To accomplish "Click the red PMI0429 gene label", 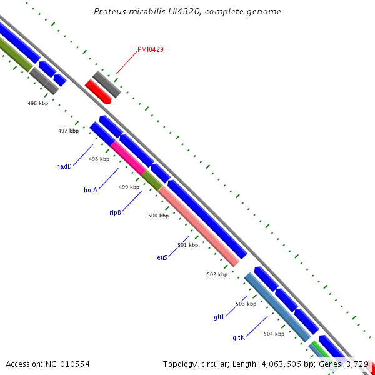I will tap(151, 49).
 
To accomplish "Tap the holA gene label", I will tap(91, 190).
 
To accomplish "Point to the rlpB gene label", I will tap(115, 212).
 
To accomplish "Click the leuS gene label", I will tap(161, 257).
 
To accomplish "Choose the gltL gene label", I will tap(219, 317).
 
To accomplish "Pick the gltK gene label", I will tap(238, 337).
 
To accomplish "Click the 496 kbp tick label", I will tap(38, 102).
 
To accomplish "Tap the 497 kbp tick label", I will tap(68, 131).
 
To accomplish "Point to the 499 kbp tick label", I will tap(129, 187).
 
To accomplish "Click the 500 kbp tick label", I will tap(158, 216).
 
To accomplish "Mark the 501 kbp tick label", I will tap(187, 245).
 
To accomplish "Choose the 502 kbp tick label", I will tap(217, 274).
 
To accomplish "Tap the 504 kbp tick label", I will tap(274, 334).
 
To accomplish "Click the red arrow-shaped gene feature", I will tap(98, 92).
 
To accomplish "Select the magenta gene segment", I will tap(127, 156).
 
